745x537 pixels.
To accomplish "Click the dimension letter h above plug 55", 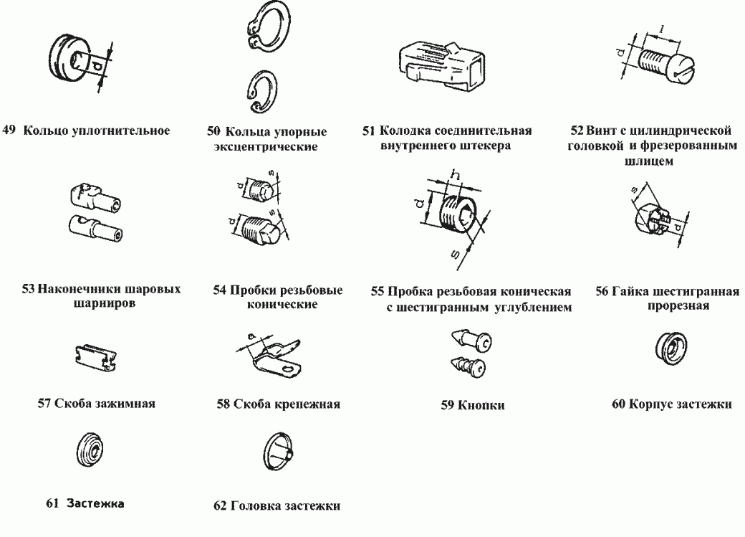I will point(453,174).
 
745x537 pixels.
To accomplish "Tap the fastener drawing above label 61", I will point(92,450).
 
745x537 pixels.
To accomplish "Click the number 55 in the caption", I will point(378,293).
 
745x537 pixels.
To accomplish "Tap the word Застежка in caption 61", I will point(95,503).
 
